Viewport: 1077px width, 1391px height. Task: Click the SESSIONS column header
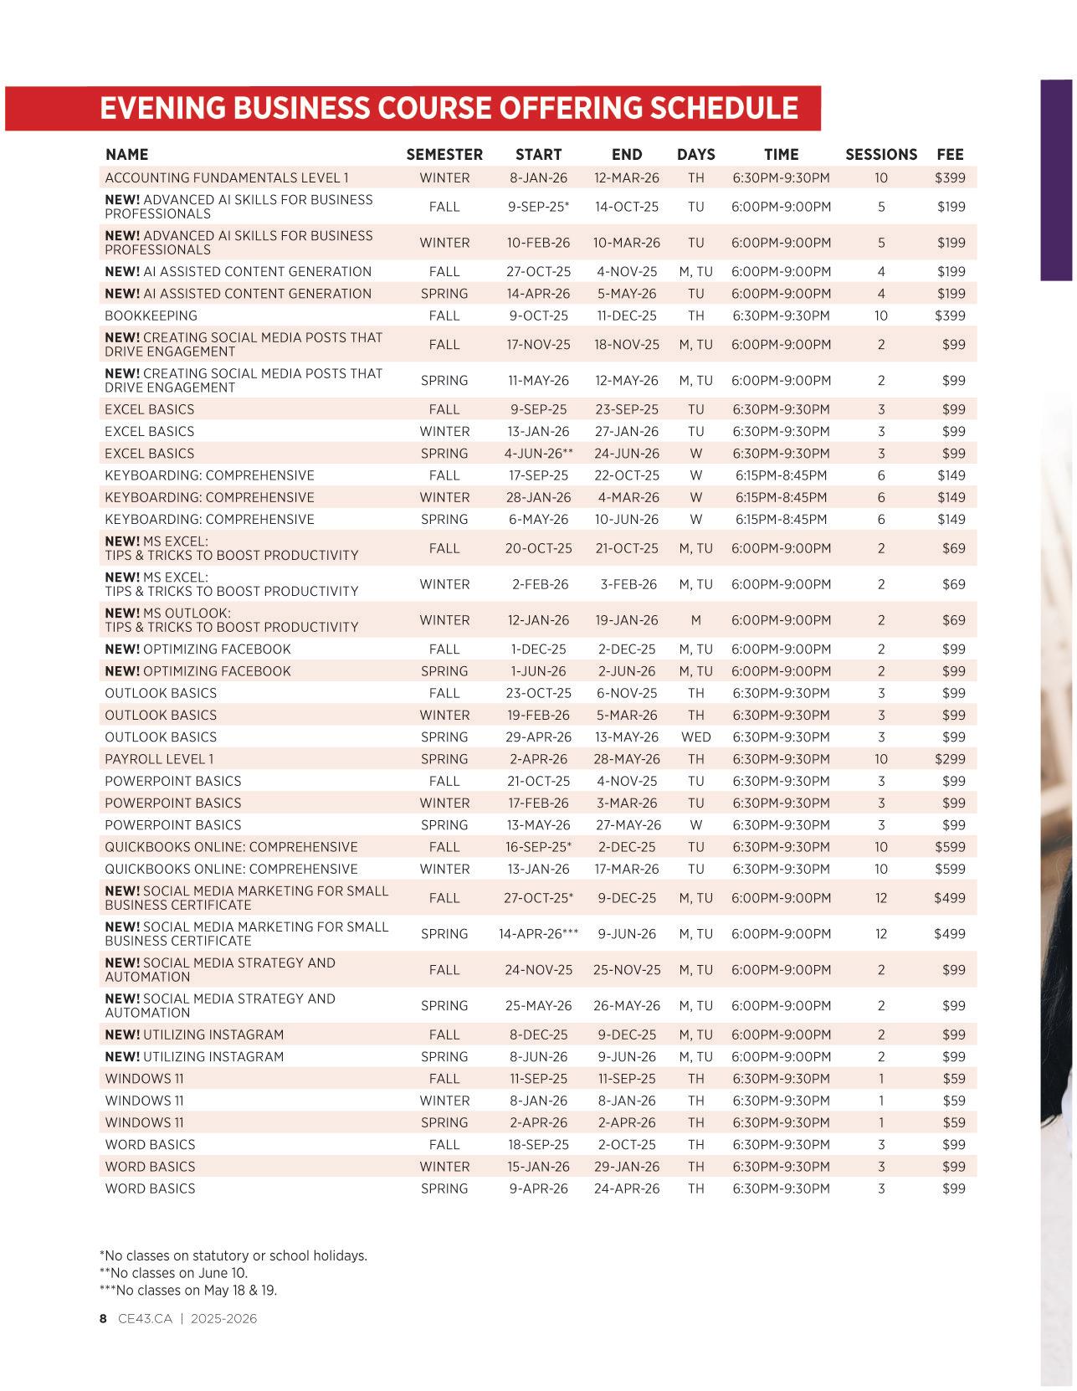[x=880, y=155]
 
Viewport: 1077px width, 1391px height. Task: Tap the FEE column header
[x=950, y=155]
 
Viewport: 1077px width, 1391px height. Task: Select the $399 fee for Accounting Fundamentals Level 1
[x=950, y=178]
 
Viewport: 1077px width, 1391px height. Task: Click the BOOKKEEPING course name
[x=151, y=316]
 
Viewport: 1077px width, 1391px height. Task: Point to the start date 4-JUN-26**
[x=538, y=454]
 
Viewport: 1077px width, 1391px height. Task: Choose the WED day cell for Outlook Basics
[x=695, y=737]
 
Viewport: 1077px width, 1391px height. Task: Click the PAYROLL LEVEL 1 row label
[x=159, y=759]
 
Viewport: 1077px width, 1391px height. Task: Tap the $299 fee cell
[x=950, y=759]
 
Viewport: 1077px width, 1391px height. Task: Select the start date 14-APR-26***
[x=538, y=934]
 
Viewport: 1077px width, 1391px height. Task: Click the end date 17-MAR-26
[x=626, y=870]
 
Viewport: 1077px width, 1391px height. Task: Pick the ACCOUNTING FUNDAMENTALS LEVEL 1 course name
[x=226, y=178]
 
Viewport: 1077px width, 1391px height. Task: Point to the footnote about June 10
[x=173, y=1273]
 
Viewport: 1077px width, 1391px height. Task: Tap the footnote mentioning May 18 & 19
[x=188, y=1291]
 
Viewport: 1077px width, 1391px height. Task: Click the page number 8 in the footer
[x=103, y=1319]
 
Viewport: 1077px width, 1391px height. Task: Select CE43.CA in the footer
[x=145, y=1319]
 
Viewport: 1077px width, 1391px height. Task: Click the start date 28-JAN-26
[x=538, y=498]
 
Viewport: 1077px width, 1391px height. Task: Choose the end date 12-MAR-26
[x=626, y=178]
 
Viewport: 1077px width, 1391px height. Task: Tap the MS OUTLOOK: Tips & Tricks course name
[x=231, y=620]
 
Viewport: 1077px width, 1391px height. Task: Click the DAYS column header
[x=695, y=155]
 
